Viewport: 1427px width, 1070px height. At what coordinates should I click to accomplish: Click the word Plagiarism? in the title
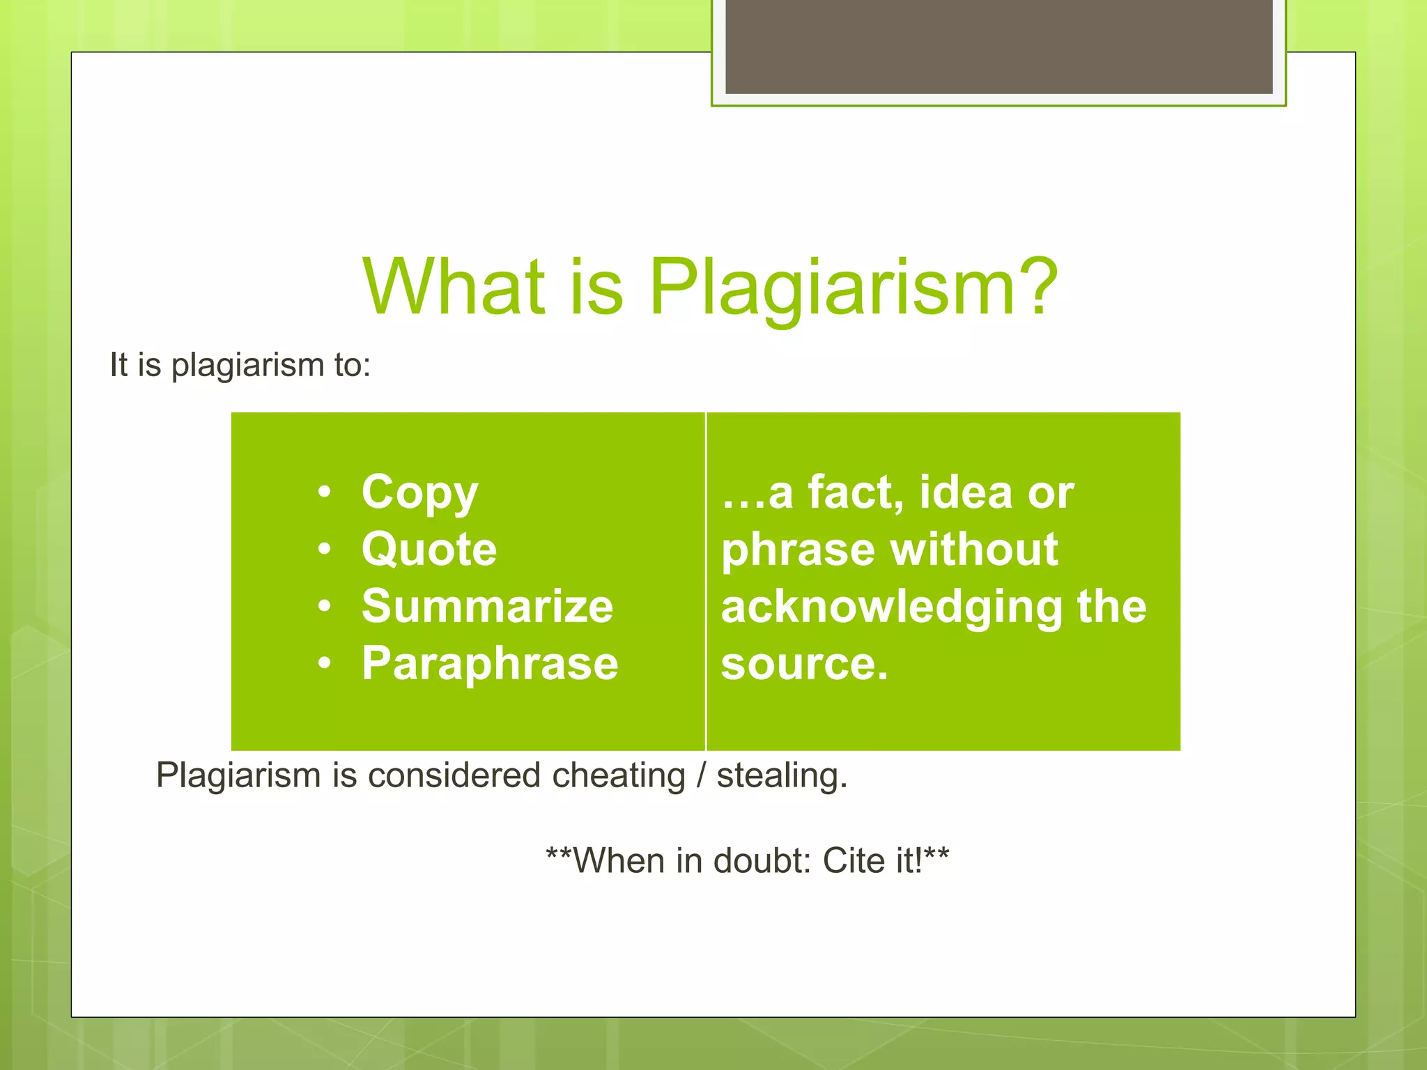click(854, 287)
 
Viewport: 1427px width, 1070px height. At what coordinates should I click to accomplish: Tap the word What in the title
click(454, 287)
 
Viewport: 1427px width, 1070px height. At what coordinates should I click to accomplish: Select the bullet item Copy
click(419, 493)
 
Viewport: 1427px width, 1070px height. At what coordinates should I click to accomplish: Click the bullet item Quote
click(429, 550)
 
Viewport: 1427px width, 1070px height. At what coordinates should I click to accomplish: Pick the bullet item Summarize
click(487, 606)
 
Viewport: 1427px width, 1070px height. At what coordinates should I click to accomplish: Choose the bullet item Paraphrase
click(490, 663)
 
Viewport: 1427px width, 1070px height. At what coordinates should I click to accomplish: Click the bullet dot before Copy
click(324, 493)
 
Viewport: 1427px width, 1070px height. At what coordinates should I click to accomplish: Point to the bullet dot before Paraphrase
click(324, 664)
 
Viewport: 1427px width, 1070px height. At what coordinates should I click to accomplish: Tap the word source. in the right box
click(805, 663)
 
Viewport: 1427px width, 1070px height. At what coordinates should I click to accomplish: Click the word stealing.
click(782, 775)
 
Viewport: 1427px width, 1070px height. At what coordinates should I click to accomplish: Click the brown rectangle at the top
click(998, 46)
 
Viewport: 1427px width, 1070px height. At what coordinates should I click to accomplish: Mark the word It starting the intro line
click(118, 364)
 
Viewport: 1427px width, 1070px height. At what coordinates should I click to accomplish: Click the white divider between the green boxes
click(706, 581)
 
